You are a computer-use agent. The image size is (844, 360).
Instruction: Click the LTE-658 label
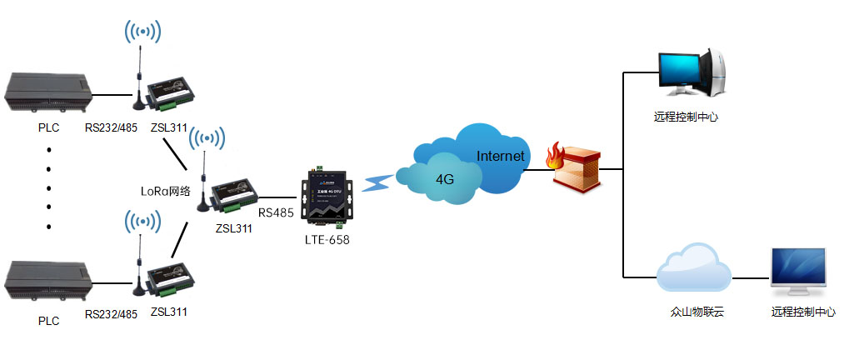tap(327, 240)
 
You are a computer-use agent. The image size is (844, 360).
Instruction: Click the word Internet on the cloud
tap(500, 156)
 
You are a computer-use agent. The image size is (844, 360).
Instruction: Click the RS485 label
tap(275, 212)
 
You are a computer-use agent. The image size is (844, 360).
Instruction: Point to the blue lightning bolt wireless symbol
tap(379, 182)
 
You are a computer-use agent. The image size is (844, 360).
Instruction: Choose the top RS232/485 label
tap(111, 128)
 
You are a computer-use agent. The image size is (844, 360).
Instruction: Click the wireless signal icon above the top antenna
tap(142, 32)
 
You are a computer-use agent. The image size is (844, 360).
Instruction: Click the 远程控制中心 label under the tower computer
tap(687, 117)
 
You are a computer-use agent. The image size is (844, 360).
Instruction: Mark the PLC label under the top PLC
tap(49, 128)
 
